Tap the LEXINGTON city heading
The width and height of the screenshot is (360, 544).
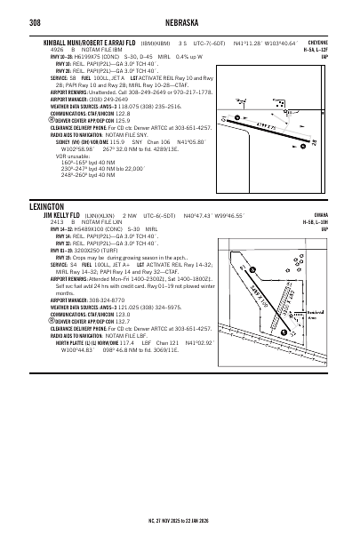[x=50, y=205]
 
